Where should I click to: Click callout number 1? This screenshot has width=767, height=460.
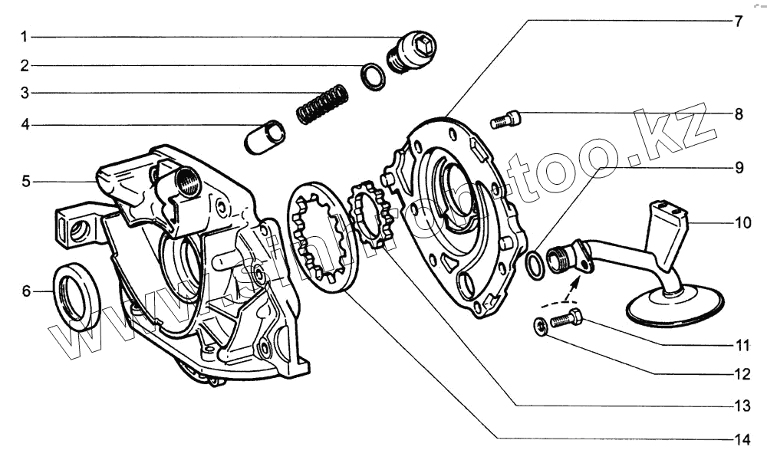click(x=25, y=37)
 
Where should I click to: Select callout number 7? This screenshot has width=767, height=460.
click(x=738, y=21)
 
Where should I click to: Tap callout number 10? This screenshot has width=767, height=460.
click(x=742, y=223)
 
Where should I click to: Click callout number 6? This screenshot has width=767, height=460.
click(x=25, y=291)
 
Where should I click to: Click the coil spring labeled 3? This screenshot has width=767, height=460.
click(x=322, y=105)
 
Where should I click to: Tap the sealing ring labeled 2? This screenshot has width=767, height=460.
click(x=374, y=76)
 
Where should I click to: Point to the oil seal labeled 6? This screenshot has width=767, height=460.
click(x=76, y=294)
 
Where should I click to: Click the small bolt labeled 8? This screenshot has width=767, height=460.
click(x=505, y=119)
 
